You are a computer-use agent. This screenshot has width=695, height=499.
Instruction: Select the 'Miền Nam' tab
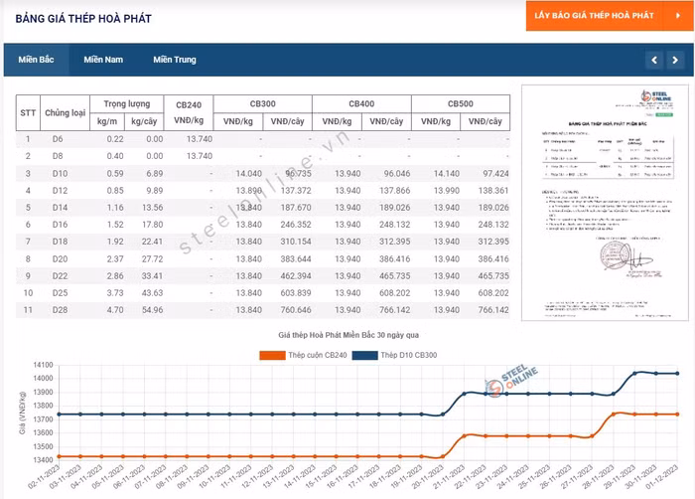(x=103, y=60)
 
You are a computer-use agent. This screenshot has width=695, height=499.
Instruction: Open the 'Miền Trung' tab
(x=175, y=60)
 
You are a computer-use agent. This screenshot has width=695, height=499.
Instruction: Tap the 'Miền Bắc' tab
(x=36, y=60)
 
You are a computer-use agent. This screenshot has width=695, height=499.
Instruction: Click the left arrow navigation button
(x=652, y=61)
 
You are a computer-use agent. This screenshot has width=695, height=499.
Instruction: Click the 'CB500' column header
(x=461, y=103)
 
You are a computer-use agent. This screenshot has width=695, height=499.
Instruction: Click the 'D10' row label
(x=58, y=173)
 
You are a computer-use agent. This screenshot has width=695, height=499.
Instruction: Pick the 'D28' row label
(x=58, y=310)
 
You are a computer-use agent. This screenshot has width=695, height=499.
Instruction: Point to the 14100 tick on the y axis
(x=42, y=366)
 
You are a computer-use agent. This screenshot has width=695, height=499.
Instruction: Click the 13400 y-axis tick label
(x=42, y=460)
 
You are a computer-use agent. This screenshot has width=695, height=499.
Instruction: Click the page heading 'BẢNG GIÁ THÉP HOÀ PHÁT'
(x=83, y=18)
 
